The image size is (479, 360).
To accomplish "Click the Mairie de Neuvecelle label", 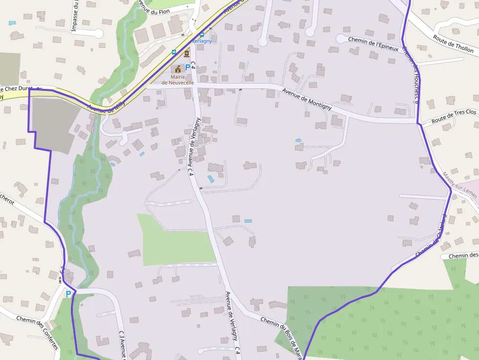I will pyautogui.click(x=178, y=80).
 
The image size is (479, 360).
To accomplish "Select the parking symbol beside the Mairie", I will pyautogui.click(x=187, y=67).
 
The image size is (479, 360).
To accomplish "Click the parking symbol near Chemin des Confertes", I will pyautogui.click(x=68, y=294).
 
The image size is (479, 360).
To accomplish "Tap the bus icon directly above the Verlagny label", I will pyautogui.click(x=201, y=34).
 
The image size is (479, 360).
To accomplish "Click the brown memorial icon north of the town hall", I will pyautogui.click(x=186, y=53).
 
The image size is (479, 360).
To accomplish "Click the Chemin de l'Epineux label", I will pyautogui.click(x=373, y=43).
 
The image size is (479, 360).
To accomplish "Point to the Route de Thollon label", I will pyautogui.click(x=453, y=43).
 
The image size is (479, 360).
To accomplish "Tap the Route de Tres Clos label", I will pyautogui.click(x=454, y=116).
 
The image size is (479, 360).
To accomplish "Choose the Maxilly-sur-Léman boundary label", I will pyautogui.click(x=459, y=184).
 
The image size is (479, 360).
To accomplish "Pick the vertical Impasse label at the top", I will pyautogui.click(x=75, y=16).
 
